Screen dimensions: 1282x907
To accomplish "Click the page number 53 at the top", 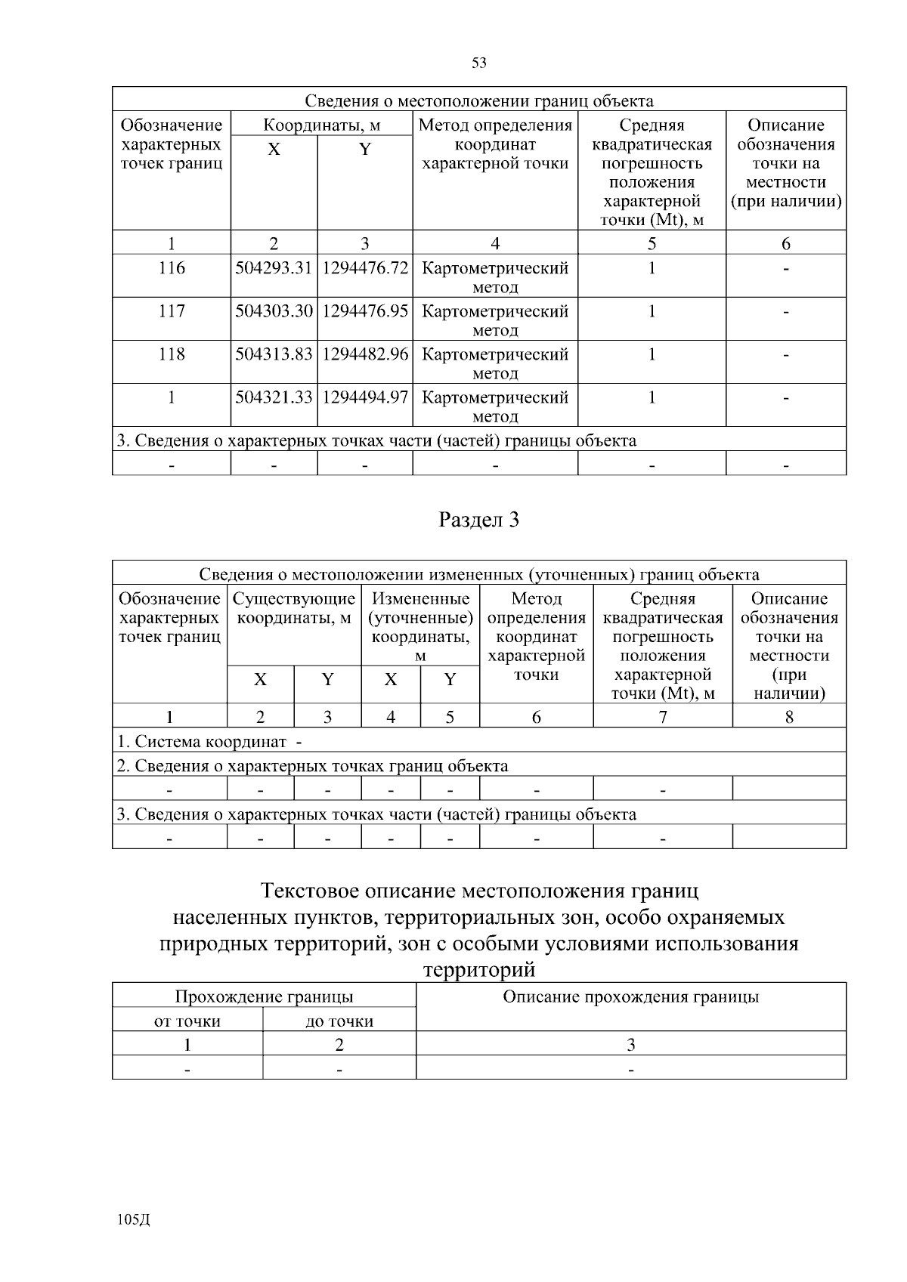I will tap(478, 63).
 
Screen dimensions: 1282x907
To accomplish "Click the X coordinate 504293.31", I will tap(274, 268).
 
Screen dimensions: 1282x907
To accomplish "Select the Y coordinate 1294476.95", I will tap(365, 311).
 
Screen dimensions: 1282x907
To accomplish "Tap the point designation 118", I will tap(172, 354).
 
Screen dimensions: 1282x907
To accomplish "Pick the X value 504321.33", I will tap(274, 397).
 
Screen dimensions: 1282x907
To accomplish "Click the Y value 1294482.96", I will tap(365, 354).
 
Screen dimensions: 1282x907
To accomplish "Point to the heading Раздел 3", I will tap(478, 520).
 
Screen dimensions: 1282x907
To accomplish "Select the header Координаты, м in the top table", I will tap(321, 125).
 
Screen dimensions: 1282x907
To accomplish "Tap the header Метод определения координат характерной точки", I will tap(495, 144).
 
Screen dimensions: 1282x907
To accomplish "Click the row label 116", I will tap(172, 268).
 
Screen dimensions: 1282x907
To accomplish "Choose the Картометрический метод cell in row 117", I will tap(495, 320).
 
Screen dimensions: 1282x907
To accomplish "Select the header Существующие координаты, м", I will tap(294, 608).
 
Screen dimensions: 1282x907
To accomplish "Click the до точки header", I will tap(339, 1021).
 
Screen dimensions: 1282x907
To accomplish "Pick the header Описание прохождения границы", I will tap(630, 996).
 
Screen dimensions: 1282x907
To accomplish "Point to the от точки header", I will tap(187, 1021).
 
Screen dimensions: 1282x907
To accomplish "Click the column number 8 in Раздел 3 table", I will tap(788, 717).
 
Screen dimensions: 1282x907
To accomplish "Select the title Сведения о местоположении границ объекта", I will tap(478, 101).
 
